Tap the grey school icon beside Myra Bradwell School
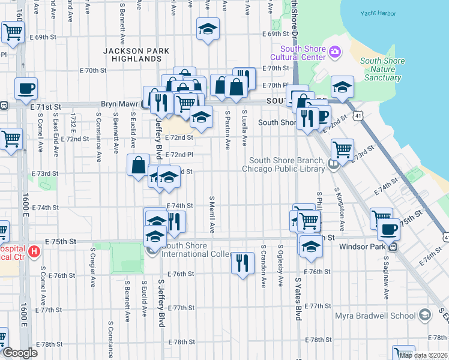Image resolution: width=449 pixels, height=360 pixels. pyautogui.click(x=425, y=315)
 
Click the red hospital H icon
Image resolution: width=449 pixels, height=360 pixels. pyautogui.click(x=34, y=252)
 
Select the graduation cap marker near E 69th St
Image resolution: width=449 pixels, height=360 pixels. pyautogui.click(x=208, y=29)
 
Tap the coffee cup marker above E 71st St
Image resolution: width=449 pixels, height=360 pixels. pyautogui.click(x=26, y=89)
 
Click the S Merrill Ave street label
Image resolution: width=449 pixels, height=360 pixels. pyautogui.click(x=212, y=214)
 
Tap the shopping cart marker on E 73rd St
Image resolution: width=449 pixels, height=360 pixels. pyautogui.click(x=342, y=149)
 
